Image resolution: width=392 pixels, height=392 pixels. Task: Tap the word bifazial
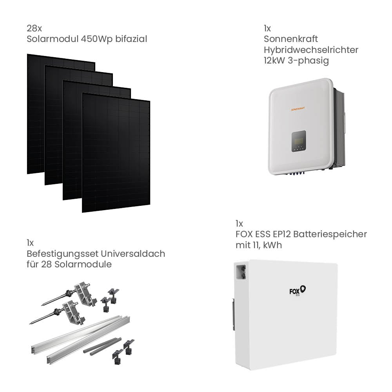(x=131, y=39)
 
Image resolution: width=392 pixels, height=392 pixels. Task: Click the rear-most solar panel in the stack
(x=35, y=114)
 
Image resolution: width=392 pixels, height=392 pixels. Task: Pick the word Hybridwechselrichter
(x=311, y=50)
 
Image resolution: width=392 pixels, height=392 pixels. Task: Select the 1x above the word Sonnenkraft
(x=267, y=29)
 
